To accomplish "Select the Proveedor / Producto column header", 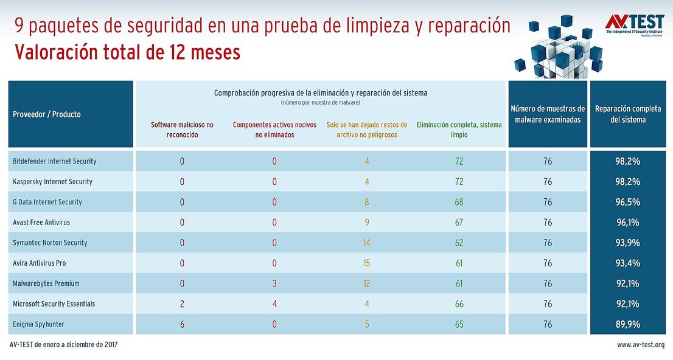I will pos(47,114).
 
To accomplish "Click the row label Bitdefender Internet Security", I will pos(55,161).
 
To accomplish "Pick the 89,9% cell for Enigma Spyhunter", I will pos(628,324).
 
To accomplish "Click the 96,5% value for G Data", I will pos(628,202).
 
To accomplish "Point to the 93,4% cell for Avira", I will pos(628,263).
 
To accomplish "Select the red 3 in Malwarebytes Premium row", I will pos(274,283).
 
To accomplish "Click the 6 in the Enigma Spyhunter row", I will pos(182,324).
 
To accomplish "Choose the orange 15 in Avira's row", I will pos(367,263).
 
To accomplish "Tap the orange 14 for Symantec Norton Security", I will pos(367,243).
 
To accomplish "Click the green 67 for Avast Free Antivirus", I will pos(459,223).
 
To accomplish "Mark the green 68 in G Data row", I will pos(459,202).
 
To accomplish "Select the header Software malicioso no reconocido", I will pos(182,130).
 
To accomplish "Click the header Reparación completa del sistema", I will pos(628,114).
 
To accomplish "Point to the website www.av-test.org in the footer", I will pos(640,345).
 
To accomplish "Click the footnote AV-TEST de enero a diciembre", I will pos(64,345).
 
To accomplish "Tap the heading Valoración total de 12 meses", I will pos(127,52).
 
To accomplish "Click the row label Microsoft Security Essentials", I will pos(54,304).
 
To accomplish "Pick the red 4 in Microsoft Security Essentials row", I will pos(274,304).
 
